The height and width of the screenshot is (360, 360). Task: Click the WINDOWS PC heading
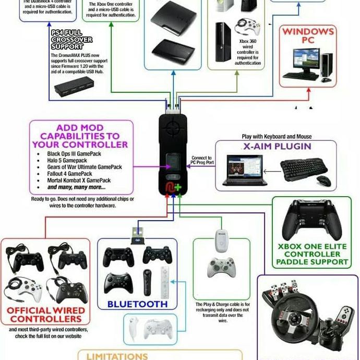(308, 35)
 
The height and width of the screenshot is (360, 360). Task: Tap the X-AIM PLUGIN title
(277, 147)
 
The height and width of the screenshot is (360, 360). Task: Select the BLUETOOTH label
(137, 304)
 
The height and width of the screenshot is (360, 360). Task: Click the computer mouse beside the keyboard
(324, 180)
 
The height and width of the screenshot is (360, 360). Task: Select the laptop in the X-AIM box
(244, 169)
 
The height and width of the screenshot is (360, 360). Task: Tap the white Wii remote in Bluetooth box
(165, 279)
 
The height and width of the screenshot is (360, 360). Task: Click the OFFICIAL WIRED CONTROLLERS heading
(46, 315)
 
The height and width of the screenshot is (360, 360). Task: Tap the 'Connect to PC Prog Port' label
(202, 160)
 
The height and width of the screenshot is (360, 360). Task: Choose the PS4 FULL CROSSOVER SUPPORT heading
(71, 40)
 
